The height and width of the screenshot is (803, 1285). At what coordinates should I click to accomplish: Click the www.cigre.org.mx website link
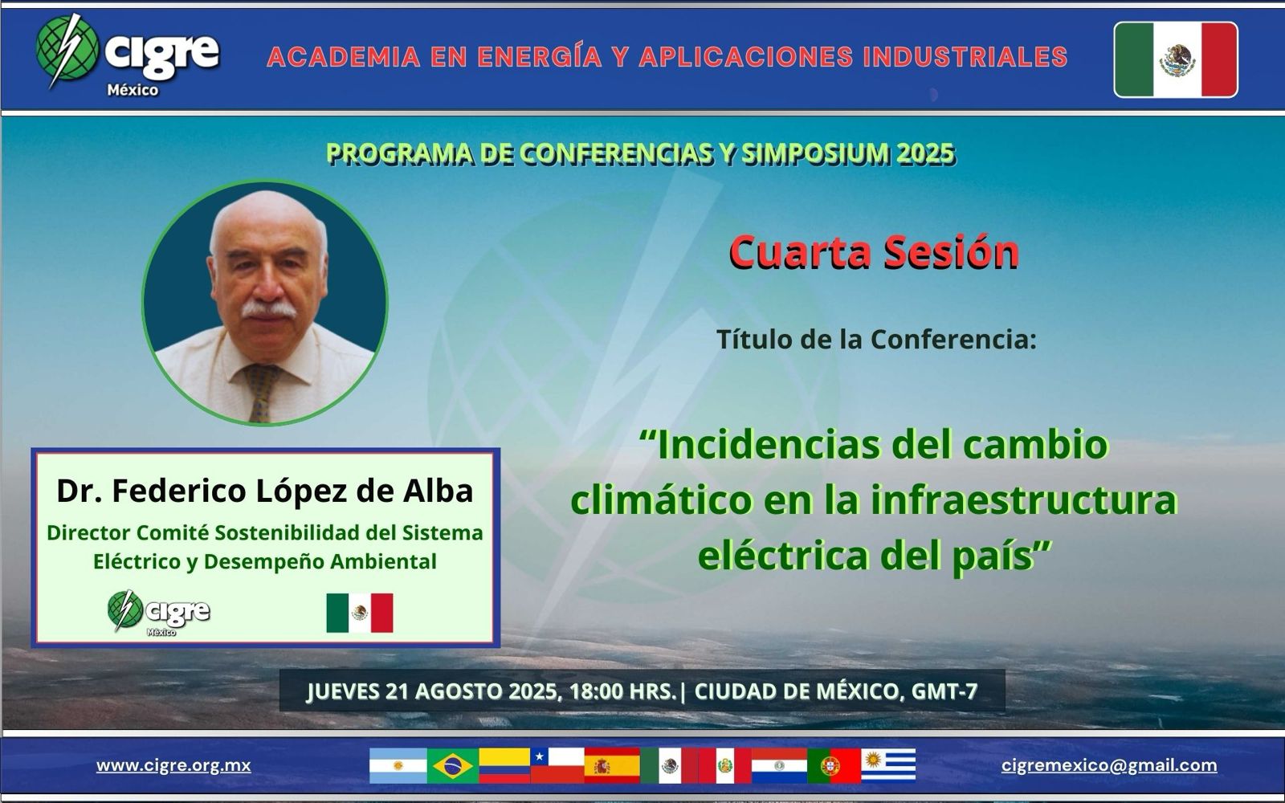(173, 765)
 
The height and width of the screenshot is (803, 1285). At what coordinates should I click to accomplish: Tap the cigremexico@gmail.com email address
(1109, 765)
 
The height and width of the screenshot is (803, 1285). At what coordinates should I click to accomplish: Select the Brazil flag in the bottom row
(453, 766)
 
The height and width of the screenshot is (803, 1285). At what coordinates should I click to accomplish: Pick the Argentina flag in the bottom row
(398, 766)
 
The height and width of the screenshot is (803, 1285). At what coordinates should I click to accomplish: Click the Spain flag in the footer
(612, 766)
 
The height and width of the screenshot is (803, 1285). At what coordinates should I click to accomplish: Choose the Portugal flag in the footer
(834, 766)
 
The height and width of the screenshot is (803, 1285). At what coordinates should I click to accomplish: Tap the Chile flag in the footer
(557, 766)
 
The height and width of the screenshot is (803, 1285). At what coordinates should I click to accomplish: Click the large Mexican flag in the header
(1176, 59)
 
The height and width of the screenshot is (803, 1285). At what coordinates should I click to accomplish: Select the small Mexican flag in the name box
(360, 613)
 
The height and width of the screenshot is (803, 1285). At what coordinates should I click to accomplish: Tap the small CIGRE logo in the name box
(158, 613)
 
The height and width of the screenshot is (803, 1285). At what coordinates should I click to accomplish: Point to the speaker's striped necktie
(263, 392)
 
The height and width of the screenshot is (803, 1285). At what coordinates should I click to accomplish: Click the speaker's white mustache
(268, 309)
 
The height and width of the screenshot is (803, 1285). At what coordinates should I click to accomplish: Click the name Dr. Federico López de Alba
(265, 491)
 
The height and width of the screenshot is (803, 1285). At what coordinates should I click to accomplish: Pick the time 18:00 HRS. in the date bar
(623, 691)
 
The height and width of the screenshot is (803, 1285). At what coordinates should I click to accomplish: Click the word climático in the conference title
(661, 500)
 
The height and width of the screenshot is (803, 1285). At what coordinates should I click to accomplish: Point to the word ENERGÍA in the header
(539, 57)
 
